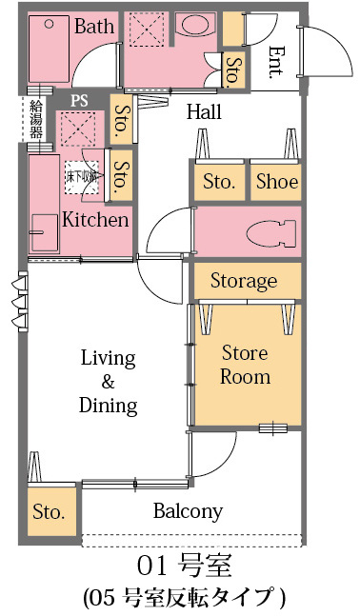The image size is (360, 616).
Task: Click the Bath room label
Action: click(x=94, y=26)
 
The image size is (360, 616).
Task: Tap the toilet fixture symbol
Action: click(x=271, y=234)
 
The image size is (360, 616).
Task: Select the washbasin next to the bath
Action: click(x=195, y=25)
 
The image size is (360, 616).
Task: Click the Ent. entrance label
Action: click(x=275, y=63)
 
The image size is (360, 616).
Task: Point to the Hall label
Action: click(x=204, y=112)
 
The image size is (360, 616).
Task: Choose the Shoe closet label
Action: click(x=277, y=182)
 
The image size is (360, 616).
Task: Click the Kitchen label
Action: click(x=95, y=220)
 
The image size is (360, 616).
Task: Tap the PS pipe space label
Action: click(x=79, y=101)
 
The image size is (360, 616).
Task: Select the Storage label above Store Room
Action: click(x=244, y=281)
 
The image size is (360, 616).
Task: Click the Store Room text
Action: click(x=245, y=365)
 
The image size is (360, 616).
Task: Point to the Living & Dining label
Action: click(x=109, y=382)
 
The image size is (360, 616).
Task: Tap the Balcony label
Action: click(x=188, y=510)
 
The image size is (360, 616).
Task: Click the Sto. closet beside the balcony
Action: click(x=51, y=510)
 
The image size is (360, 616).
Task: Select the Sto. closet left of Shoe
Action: click(x=219, y=182)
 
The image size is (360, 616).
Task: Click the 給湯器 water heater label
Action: click(x=36, y=119)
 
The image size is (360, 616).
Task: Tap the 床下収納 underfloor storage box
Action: click(x=81, y=177)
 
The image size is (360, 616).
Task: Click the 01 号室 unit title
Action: click(x=185, y=566)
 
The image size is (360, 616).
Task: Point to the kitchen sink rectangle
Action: click(x=45, y=232)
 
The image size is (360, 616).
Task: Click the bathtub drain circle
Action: click(x=49, y=25)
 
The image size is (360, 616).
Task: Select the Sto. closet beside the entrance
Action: click(x=234, y=70)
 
